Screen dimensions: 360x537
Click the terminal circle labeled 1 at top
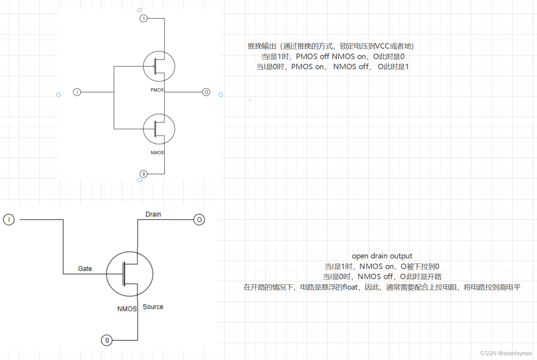pyautogui.click(x=144, y=18)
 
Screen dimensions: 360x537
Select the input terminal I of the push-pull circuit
pyautogui.click(x=77, y=92)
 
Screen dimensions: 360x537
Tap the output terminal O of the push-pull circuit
pyautogui.click(x=206, y=92)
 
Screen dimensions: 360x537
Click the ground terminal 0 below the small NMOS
pyautogui.click(x=144, y=174)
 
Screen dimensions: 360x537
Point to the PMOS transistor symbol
pyautogui.click(x=159, y=66)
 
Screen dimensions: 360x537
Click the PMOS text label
pyautogui.click(x=157, y=90)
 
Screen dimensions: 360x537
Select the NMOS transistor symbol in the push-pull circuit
pyautogui.click(x=159, y=129)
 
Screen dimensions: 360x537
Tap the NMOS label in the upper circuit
pyautogui.click(x=157, y=153)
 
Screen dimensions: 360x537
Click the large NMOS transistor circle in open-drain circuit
pyautogui.click(x=129, y=274)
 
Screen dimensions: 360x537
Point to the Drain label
pyautogui.click(x=153, y=214)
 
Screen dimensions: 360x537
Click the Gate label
pyautogui.click(x=85, y=269)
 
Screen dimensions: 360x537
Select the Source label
pyautogui.click(x=153, y=307)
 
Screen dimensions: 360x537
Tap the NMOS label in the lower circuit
pyautogui.click(x=127, y=309)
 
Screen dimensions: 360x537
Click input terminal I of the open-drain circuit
pyautogui.click(x=9, y=219)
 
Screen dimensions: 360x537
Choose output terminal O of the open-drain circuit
pyautogui.click(x=199, y=220)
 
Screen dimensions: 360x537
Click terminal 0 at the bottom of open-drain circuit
pyautogui.click(x=107, y=340)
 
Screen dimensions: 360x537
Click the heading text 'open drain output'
pyautogui.click(x=382, y=256)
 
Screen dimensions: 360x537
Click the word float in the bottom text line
pyautogui.click(x=350, y=287)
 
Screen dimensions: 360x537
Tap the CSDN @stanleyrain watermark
pyautogui.click(x=506, y=353)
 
